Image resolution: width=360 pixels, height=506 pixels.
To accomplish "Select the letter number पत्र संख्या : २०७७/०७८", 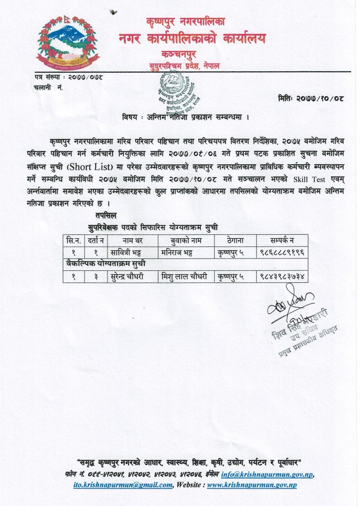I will click(x=68, y=78).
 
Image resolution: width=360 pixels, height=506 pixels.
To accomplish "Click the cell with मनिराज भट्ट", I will click(x=180, y=252).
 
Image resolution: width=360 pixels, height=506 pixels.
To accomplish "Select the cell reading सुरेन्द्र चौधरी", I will click(x=130, y=276).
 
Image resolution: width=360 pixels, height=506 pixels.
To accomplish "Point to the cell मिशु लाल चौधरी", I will click(x=185, y=276).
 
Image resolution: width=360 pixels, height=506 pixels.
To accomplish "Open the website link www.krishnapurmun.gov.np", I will click(x=252, y=485).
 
